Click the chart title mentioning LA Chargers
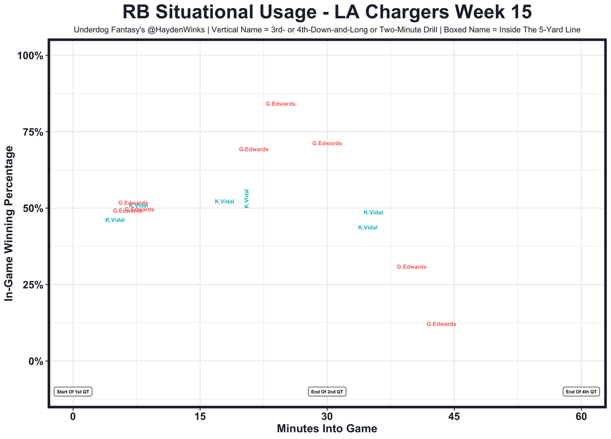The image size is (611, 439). coord(327,12)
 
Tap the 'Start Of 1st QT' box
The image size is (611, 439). coord(73,392)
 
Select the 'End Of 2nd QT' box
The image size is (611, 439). coord(327,392)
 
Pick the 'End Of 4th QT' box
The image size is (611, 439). coord(581,392)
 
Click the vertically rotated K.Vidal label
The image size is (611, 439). coord(247,198)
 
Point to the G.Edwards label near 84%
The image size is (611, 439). coord(280,104)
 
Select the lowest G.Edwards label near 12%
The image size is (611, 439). coord(441,324)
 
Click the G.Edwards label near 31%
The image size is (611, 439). coord(411,267)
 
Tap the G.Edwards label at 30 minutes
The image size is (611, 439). coord(327,143)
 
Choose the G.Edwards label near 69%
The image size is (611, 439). coord(253,150)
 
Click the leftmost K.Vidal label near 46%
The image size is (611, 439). coord(115,220)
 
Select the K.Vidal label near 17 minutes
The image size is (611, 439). coord(224,202)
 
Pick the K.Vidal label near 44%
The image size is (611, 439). coord(368,228)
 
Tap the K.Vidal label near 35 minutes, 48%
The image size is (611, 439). coord(373,213)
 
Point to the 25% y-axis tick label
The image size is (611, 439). coord(33,285)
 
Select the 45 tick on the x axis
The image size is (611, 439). coord(454,416)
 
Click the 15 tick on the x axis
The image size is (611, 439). coord(200,416)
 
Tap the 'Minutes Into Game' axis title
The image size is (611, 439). coord(327,429)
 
